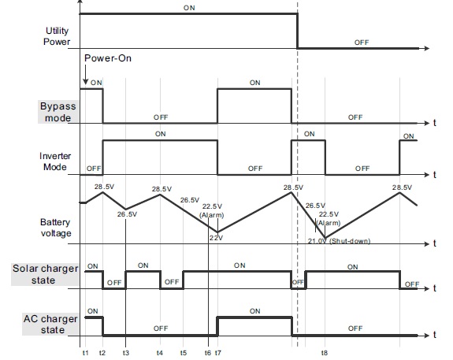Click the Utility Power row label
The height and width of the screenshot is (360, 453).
pyautogui.click(x=57, y=36)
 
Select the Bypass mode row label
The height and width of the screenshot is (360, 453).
pyautogui.click(x=58, y=112)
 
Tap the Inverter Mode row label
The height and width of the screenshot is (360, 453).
pyautogui.click(x=55, y=161)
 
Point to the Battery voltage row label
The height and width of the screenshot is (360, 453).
pyautogui.click(x=55, y=228)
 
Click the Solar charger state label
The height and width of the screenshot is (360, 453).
pyautogui.click(x=45, y=274)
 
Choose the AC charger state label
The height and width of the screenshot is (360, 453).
pyautogui.click(x=50, y=325)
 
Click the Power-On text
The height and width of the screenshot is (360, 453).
pyautogui.click(x=108, y=58)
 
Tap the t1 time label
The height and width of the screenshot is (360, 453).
pyautogui.click(x=85, y=353)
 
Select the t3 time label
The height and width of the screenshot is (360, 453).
pyautogui.click(x=126, y=353)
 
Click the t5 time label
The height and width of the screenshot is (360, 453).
pyautogui.click(x=183, y=353)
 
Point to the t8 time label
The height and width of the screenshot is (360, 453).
pyautogui.click(x=324, y=353)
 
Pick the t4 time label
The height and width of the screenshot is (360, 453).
pyautogui.click(x=159, y=353)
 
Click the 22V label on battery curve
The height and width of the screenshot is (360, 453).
pyautogui.click(x=216, y=238)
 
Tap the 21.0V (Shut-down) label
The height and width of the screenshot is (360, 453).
pyautogui.click(x=339, y=241)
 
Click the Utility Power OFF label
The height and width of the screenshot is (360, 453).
pyautogui.click(x=362, y=43)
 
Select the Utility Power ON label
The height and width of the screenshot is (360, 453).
pyautogui.click(x=189, y=8)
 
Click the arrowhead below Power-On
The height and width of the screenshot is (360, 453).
pyautogui.click(x=85, y=82)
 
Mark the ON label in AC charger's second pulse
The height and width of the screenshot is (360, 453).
pyautogui.click(x=254, y=311)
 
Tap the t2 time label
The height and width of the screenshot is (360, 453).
pyautogui.click(x=102, y=353)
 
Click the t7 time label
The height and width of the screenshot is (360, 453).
pyautogui.click(x=217, y=353)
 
